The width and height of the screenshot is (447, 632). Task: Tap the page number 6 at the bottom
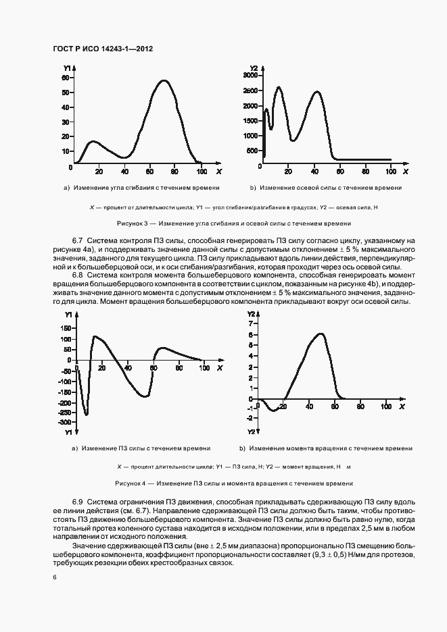tap(55, 577)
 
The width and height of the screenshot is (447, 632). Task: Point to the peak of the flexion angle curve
tap(164, 81)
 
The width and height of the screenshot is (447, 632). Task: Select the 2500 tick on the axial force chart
tap(249, 90)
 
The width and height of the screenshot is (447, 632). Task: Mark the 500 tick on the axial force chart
tap(252, 150)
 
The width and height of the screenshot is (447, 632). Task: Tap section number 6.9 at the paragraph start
tap(77, 503)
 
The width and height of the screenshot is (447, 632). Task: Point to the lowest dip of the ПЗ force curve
tap(86, 414)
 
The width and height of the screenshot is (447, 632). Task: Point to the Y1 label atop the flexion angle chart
tap(66, 69)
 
